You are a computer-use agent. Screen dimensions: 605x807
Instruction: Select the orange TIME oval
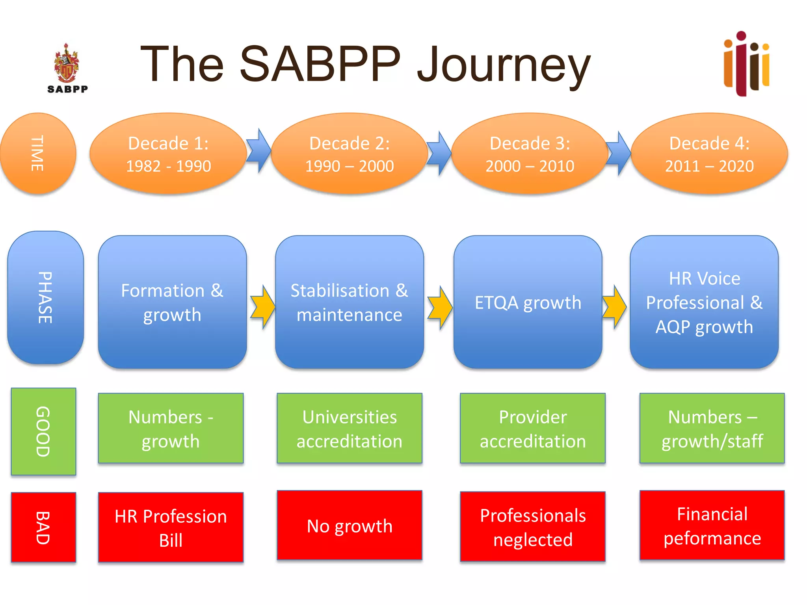(x=38, y=153)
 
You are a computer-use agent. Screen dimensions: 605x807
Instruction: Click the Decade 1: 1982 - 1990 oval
(x=168, y=154)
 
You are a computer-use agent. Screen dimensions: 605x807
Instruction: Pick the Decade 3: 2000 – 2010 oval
(x=530, y=154)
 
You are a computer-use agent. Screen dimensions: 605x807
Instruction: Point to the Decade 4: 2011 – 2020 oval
(x=709, y=154)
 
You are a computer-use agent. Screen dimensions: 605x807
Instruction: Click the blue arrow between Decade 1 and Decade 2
(x=259, y=150)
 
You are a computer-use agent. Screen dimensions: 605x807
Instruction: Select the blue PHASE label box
(x=45, y=297)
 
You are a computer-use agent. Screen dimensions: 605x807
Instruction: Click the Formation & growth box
(x=172, y=302)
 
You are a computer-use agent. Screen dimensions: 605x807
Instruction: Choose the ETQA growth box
(x=528, y=302)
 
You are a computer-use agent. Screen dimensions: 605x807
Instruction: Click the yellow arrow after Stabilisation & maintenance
(x=440, y=308)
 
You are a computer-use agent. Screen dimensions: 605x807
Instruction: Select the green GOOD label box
(x=43, y=431)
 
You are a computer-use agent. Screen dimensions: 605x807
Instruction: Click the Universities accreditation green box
(x=350, y=428)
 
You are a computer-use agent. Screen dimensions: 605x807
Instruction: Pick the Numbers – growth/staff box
(x=712, y=428)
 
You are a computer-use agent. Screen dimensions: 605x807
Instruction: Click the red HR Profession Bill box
(x=171, y=527)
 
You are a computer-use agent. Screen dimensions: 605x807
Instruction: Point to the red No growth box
(x=350, y=525)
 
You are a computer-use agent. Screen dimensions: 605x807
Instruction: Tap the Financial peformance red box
(x=712, y=525)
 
